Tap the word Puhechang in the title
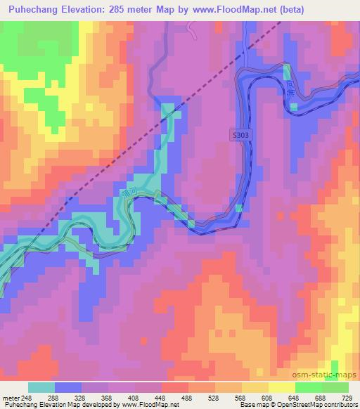(30, 10)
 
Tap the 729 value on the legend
(347, 397)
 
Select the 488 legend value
(187, 397)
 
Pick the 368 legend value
(107, 397)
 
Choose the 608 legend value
(267, 397)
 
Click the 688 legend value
(321, 397)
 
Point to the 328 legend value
(80, 397)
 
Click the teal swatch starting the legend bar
(41, 387)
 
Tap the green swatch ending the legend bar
(335, 387)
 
